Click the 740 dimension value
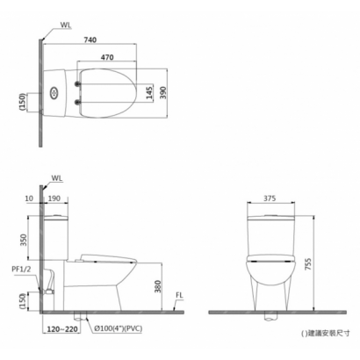click(x=90, y=40)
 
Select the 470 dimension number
click(x=107, y=57)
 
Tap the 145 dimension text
click(x=149, y=92)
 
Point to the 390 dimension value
click(x=163, y=92)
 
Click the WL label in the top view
click(x=66, y=25)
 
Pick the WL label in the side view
click(x=57, y=178)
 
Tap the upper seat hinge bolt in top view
click(x=77, y=84)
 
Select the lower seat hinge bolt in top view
click(x=77, y=102)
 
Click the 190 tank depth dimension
click(x=54, y=198)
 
